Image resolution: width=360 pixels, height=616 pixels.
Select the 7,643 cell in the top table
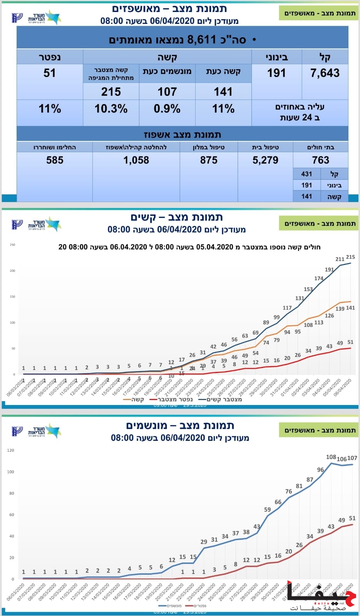click(325, 73)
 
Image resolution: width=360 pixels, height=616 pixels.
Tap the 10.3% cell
click(111, 109)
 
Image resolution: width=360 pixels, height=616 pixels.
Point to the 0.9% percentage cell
click(167, 109)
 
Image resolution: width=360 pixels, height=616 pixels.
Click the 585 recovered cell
click(55, 160)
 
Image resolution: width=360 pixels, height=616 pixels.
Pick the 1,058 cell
click(136, 160)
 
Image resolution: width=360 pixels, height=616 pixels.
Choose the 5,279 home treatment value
click(265, 160)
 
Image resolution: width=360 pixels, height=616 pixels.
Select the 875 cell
click(209, 160)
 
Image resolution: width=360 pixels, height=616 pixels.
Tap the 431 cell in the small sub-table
click(306, 174)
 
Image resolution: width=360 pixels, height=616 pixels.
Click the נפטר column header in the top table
click(50, 57)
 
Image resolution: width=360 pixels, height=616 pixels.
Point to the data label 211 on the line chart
click(340, 259)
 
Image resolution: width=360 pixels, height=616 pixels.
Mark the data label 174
click(319, 278)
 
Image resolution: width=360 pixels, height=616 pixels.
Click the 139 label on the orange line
click(340, 309)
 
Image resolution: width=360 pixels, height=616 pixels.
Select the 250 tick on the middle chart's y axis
click(12, 245)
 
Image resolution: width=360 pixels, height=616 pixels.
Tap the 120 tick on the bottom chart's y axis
click(10, 450)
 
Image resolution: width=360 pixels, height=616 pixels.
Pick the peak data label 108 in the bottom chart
click(331, 457)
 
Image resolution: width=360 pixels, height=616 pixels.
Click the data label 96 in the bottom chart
click(320, 470)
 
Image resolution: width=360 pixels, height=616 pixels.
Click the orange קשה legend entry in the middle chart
click(134, 400)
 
